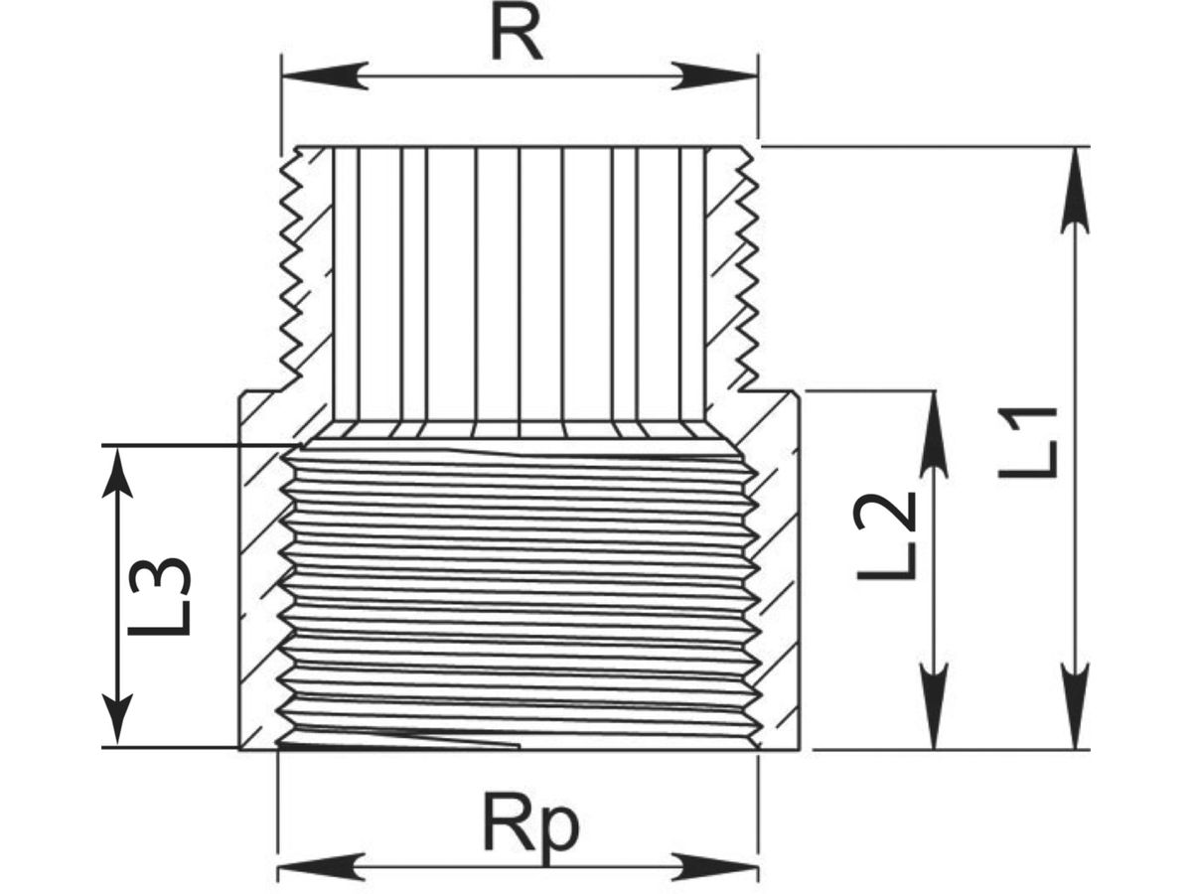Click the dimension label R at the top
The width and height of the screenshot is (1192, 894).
click(517, 37)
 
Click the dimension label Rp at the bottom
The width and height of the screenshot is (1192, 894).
click(529, 825)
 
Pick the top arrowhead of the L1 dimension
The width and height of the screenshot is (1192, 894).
click(1075, 189)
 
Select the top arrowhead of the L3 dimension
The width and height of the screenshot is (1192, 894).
click(118, 487)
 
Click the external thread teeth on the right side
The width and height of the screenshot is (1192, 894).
click(747, 268)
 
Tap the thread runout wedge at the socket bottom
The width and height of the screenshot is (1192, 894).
click(397, 740)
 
